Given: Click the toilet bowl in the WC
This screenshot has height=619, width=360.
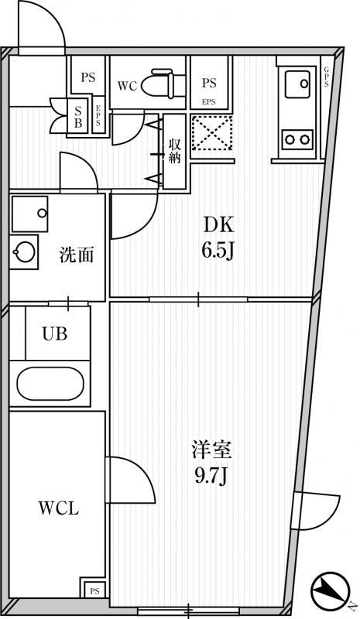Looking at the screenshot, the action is pos(158,84).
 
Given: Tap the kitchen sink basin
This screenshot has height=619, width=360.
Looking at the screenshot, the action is pos(297,84).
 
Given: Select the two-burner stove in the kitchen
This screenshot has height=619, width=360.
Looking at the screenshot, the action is pos(297,139).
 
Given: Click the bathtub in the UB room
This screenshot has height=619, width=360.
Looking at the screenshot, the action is pos(50,383).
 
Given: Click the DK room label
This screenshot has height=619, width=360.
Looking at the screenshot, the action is pos(218,225).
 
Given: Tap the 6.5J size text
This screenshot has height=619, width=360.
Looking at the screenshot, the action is pos(218,250).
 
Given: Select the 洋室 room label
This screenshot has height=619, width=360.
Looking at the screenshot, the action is pos(211,450).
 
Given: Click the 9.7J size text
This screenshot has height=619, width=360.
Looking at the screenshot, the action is pos(211,477).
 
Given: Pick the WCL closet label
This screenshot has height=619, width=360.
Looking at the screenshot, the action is pos(59,508).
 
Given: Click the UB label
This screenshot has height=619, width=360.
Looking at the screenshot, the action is pos(55,334).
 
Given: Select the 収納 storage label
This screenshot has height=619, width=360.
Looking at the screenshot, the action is pos(174,150).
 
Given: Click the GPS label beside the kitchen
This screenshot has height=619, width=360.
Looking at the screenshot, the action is pos(327,77).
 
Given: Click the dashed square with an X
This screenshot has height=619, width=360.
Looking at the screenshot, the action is pos(212,133).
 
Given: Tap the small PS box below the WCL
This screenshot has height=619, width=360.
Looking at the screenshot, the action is pos(94,591).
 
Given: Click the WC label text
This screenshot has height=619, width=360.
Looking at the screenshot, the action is pos(127,86).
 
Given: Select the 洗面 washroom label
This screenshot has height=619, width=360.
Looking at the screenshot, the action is pos(77,255).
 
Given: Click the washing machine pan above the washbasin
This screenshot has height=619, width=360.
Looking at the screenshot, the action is pos(30,214).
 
